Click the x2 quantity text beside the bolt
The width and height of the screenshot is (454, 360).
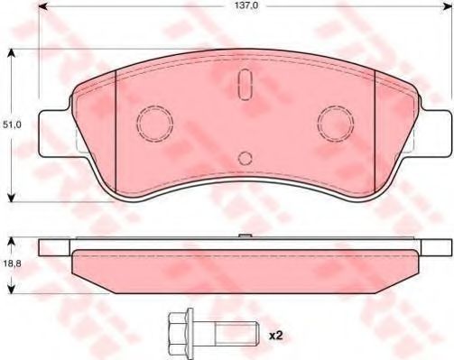click(275, 336)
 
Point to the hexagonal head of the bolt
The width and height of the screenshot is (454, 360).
click(178, 335)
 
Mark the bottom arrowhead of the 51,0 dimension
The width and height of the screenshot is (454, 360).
click(11, 196)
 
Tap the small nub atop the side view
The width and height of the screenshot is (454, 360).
click(245, 236)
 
